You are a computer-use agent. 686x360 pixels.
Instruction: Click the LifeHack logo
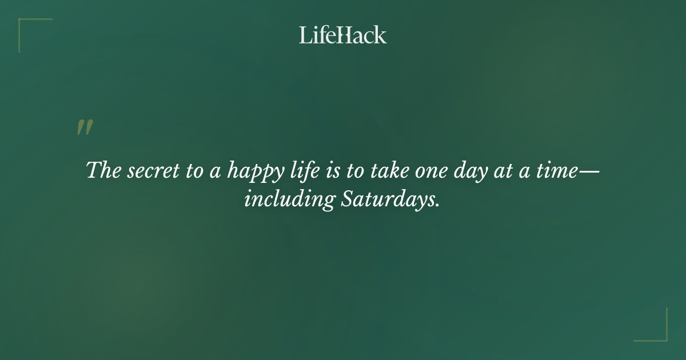click(x=343, y=35)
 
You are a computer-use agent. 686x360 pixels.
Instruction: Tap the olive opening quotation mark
click(x=85, y=127)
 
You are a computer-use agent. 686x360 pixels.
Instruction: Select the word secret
click(x=150, y=171)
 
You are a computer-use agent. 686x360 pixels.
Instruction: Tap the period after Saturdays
click(x=438, y=206)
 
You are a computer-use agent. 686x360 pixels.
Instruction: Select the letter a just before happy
click(x=216, y=172)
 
